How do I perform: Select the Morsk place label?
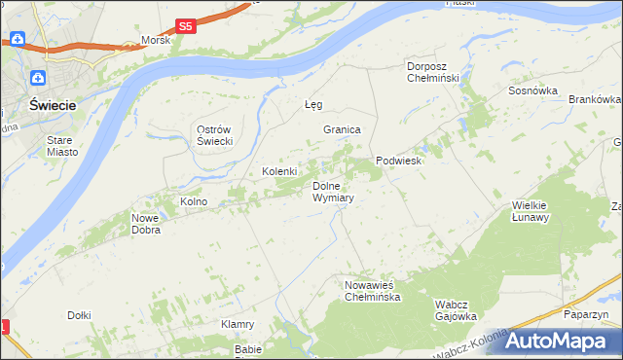click(x=156, y=41)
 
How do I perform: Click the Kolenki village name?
click(x=279, y=171)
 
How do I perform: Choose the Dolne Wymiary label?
click(x=332, y=191)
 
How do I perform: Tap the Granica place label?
click(x=343, y=129)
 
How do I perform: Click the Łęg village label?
click(x=313, y=104)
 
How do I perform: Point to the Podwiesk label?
click(x=398, y=162)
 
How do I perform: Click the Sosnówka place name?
click(x=532, y=90)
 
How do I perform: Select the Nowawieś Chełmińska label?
click(x=373, y=291)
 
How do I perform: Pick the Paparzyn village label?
click(x=586, y=314)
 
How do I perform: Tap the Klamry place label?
click(x=238, y=324)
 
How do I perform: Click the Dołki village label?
click(x=79, y=314)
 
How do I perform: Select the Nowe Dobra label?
click(x=146, y=225)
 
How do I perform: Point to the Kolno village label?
click(x=194, y=201)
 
